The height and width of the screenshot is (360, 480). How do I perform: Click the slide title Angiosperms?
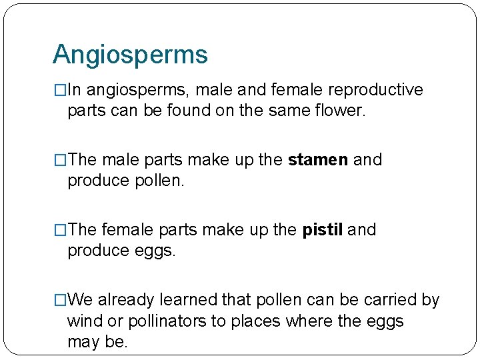130,55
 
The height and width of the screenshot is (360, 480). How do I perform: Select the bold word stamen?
317,160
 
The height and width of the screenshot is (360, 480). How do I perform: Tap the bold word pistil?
323,230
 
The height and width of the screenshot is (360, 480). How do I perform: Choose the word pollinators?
166,321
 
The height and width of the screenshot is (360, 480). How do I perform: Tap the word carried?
387,300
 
